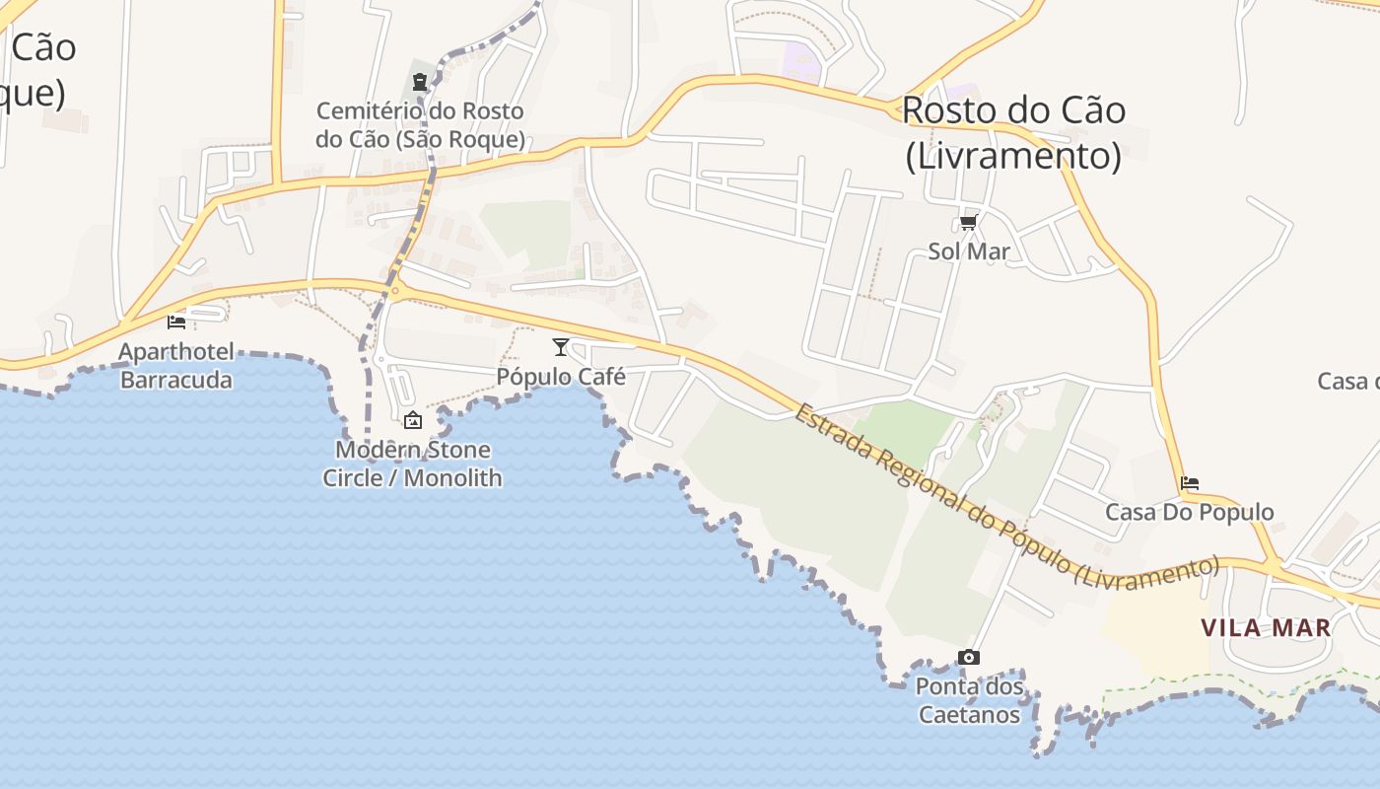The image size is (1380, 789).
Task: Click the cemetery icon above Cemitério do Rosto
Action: pyautogui.click(x=420, y=81)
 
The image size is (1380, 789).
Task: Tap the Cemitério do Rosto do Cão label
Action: pyautogui.click(x=420, y=125)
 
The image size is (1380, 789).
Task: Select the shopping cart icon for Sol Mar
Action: pyautogui.click(x=969, y=223)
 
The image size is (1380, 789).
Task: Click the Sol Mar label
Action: pyautogui.click(x=969, y=251)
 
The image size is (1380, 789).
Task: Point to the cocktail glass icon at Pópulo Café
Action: pyautogui.click(x=561, y=346)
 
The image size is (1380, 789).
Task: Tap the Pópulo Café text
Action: pyautogui.click(x=561, y=377)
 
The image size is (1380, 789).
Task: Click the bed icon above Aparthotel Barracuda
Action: pyautogui.click(x=176, y=322)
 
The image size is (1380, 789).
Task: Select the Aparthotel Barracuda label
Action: pyautogui.click(x=176, y=366)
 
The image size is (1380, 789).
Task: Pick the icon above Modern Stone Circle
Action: pyautogui.click(x=413, y=420)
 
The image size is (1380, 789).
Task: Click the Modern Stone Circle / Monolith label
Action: pyautogui.click(x=413, y=464)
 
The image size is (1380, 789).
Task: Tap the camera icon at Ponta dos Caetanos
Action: pyautogui.click(x=969, y=657)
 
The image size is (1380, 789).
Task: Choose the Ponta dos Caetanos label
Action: pyautogui.click(x=969, y=699)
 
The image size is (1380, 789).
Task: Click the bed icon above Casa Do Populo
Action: pyautogui.click(x=1190, y=483)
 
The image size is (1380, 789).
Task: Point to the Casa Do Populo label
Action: pyautogui.click(x=1190, y=512)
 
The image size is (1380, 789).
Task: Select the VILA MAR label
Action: pyautogui.click(x=1267, y=627)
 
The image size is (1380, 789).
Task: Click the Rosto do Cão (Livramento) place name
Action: pyautogui.click(x=1013, y=132)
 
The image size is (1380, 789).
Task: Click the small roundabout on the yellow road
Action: pyautogui.click(x=395, y=289)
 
